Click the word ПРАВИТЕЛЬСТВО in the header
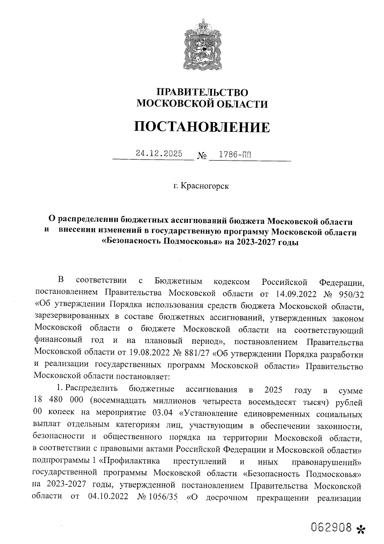pyautogui.click(x=202, y=93)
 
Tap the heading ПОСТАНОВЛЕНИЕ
pyautogui.click(x=202, y=127)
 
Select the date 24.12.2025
pyautogui.click(x=159, y=154)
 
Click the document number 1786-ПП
pyautogui.click(x=232, y=154)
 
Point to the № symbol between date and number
pyautogui.click(x=202, y=156)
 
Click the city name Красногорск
pyautogui.click(x=205, y=186)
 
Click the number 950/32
pyautogui.click(x=350, y=293)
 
